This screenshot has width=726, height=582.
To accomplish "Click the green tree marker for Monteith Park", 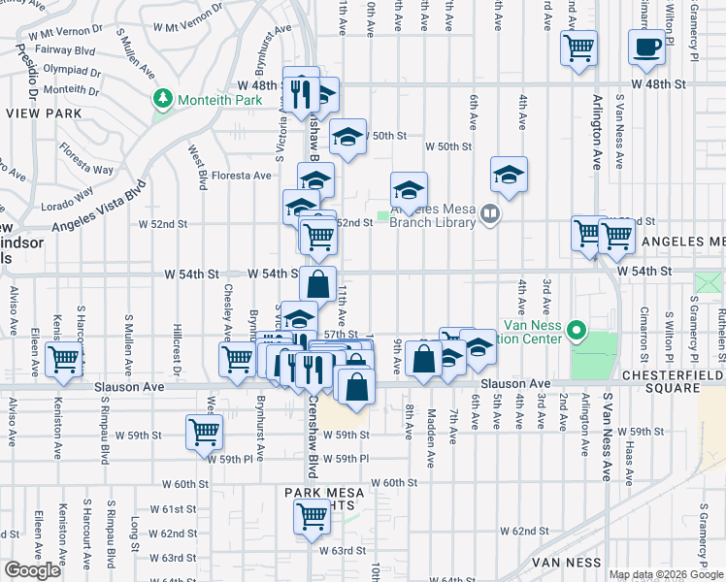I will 163,98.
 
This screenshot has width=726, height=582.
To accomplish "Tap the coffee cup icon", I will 646,47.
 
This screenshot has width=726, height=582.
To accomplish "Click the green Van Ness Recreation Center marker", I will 577,332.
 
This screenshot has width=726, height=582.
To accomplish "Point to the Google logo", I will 32,570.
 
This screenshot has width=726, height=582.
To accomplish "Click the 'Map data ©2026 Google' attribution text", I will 666,574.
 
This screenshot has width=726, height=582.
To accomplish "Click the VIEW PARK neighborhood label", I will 38,113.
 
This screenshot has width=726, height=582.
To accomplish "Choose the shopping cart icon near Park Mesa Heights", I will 312,517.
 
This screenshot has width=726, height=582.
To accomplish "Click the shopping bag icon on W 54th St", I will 317,284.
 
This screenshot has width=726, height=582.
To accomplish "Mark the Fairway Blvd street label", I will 63,51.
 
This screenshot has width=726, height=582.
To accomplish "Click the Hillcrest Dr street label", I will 178,348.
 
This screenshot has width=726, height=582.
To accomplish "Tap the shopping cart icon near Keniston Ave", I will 63,359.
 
